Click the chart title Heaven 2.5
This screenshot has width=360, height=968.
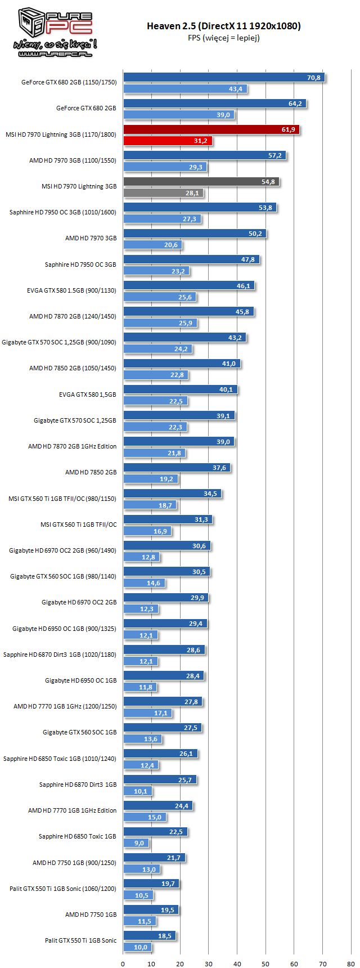(224, 26)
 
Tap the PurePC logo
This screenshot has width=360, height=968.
(55, 33)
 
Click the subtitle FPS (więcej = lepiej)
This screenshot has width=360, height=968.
(224, 38)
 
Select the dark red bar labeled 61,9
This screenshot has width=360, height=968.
(211, 129)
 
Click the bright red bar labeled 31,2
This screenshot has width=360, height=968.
(168, 141)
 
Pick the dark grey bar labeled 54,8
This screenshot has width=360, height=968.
(201, 182)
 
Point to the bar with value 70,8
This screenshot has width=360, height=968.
(224, 78)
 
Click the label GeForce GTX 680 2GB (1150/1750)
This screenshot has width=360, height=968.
(69, 82)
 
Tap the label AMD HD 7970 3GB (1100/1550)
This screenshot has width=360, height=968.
(73, 160)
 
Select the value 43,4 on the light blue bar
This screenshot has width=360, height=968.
(236, 89)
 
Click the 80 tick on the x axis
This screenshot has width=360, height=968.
(351, 963)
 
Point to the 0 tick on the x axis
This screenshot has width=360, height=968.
(123, 963)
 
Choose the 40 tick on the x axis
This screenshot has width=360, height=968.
(237, 963)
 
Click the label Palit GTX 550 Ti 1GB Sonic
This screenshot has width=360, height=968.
(81, 940)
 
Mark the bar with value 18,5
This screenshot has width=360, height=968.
(150, 936)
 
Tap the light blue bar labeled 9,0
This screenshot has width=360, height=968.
(136, 843)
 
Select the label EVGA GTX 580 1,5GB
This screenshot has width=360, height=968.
(88, 395)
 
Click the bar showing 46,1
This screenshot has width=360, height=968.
(189, 286)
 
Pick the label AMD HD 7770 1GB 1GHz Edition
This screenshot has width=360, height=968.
(73, 810)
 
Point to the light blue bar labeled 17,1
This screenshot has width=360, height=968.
(147, 713)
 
